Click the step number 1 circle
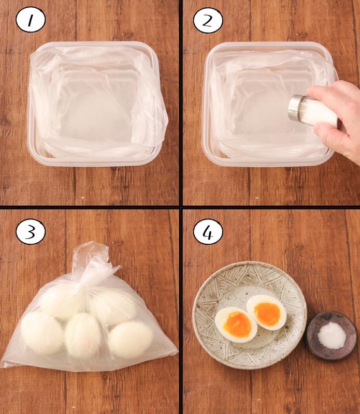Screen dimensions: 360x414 31,20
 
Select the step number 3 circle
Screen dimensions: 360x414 31,231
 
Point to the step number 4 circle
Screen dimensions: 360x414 208,231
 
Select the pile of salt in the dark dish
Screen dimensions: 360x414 332,335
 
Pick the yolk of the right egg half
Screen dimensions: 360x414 267,314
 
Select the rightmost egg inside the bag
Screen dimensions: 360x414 131,339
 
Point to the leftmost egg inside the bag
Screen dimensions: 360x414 42,333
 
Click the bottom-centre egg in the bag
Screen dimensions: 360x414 83,335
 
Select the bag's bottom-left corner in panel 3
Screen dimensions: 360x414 2,366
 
